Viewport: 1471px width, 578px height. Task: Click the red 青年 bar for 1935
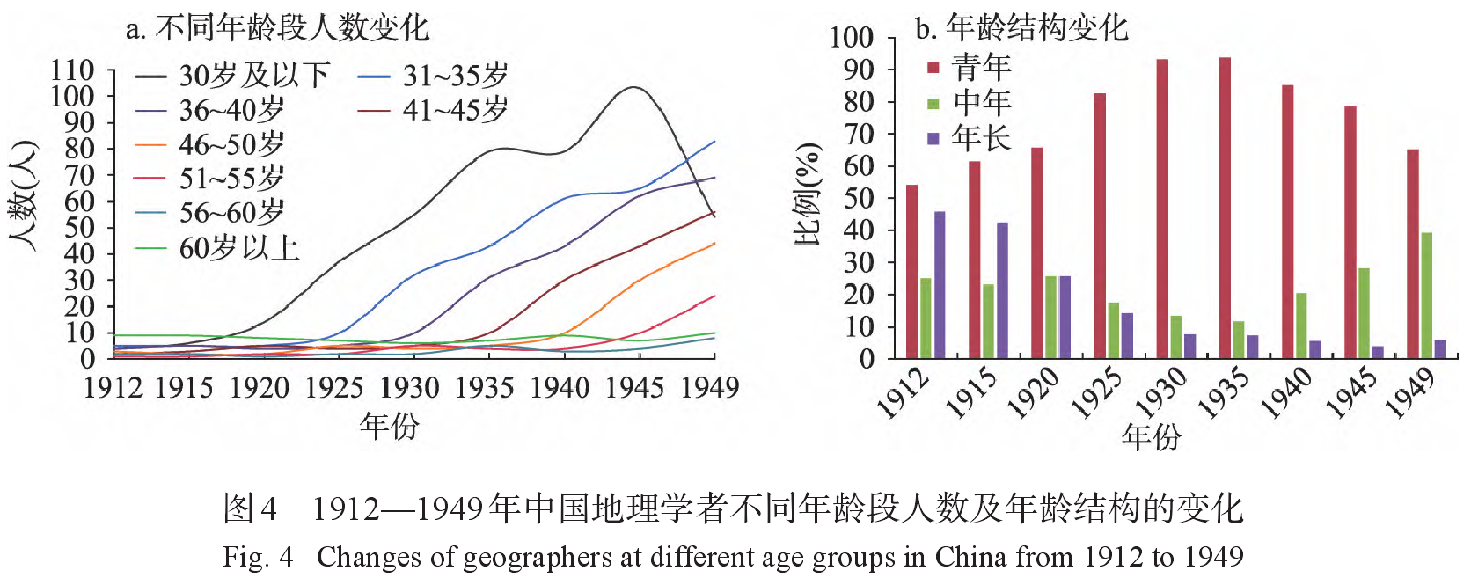point(1225,208)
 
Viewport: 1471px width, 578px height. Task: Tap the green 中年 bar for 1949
point(1426,296)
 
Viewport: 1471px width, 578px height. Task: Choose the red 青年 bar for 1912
point(911,272)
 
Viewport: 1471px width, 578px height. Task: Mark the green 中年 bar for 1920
point(1050,318)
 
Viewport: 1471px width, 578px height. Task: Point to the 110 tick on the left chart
point(73,70)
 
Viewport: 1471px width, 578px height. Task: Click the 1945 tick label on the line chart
point(634,387)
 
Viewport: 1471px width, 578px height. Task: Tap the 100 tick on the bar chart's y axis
point(852,37)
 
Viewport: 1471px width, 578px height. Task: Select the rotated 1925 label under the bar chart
point(1097,392)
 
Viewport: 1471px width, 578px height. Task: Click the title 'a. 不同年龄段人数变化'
point(277,28)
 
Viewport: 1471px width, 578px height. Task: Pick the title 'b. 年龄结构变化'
point(1021,28)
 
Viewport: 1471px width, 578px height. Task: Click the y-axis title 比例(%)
point(808,194)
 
